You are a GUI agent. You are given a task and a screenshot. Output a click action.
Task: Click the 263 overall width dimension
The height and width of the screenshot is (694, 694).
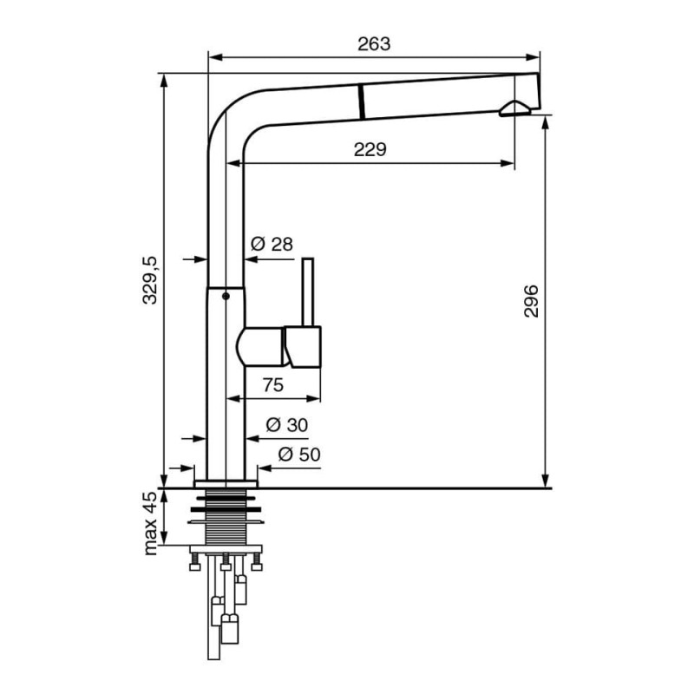374,44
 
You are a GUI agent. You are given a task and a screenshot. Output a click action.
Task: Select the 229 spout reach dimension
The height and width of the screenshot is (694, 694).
370,149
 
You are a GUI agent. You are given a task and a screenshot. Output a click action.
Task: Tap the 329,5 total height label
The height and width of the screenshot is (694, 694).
150,280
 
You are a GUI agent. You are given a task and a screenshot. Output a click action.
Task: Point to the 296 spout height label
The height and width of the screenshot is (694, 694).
531,301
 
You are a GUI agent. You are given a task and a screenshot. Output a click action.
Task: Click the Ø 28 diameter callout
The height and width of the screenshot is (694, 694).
272,244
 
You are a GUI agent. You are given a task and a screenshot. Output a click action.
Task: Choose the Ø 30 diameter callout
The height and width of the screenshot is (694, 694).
287,425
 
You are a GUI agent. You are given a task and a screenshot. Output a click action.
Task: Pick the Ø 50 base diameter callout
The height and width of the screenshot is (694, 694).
299,454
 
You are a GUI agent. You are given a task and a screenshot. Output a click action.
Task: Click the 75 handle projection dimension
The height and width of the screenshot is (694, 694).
272,385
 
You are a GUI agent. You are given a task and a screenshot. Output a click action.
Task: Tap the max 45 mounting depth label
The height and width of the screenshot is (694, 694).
150,523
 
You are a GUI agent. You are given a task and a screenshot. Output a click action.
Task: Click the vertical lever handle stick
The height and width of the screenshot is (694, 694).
308,292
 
